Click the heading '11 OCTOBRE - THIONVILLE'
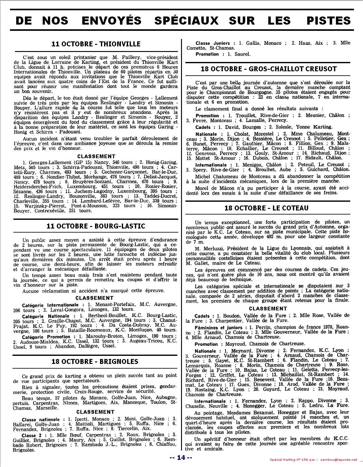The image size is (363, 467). click(96, 44)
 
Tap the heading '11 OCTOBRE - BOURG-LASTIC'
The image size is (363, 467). click(96, 226)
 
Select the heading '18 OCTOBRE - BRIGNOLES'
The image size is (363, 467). click(95, 361)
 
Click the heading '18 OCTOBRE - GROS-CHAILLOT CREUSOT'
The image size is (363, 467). click(269, 69)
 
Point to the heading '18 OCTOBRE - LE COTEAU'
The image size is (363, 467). click(266, 208)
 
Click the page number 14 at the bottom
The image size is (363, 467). click(181, 457)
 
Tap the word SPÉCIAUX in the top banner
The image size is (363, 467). click(186, 21)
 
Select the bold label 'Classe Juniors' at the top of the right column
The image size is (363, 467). click(213, 43)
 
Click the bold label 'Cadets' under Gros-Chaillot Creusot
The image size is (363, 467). click(203, 127)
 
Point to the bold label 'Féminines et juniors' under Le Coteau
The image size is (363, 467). click(218, 328)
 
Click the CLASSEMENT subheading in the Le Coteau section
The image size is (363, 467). click(268, 309)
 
